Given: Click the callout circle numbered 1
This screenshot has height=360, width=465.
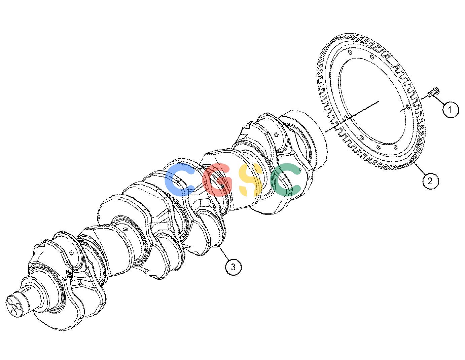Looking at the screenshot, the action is (451, 110).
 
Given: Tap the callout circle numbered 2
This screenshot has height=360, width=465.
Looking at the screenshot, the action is (430, 181).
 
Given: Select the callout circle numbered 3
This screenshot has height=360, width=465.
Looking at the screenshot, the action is (233, 267).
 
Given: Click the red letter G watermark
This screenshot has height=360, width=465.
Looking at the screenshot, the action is (218, 179).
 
